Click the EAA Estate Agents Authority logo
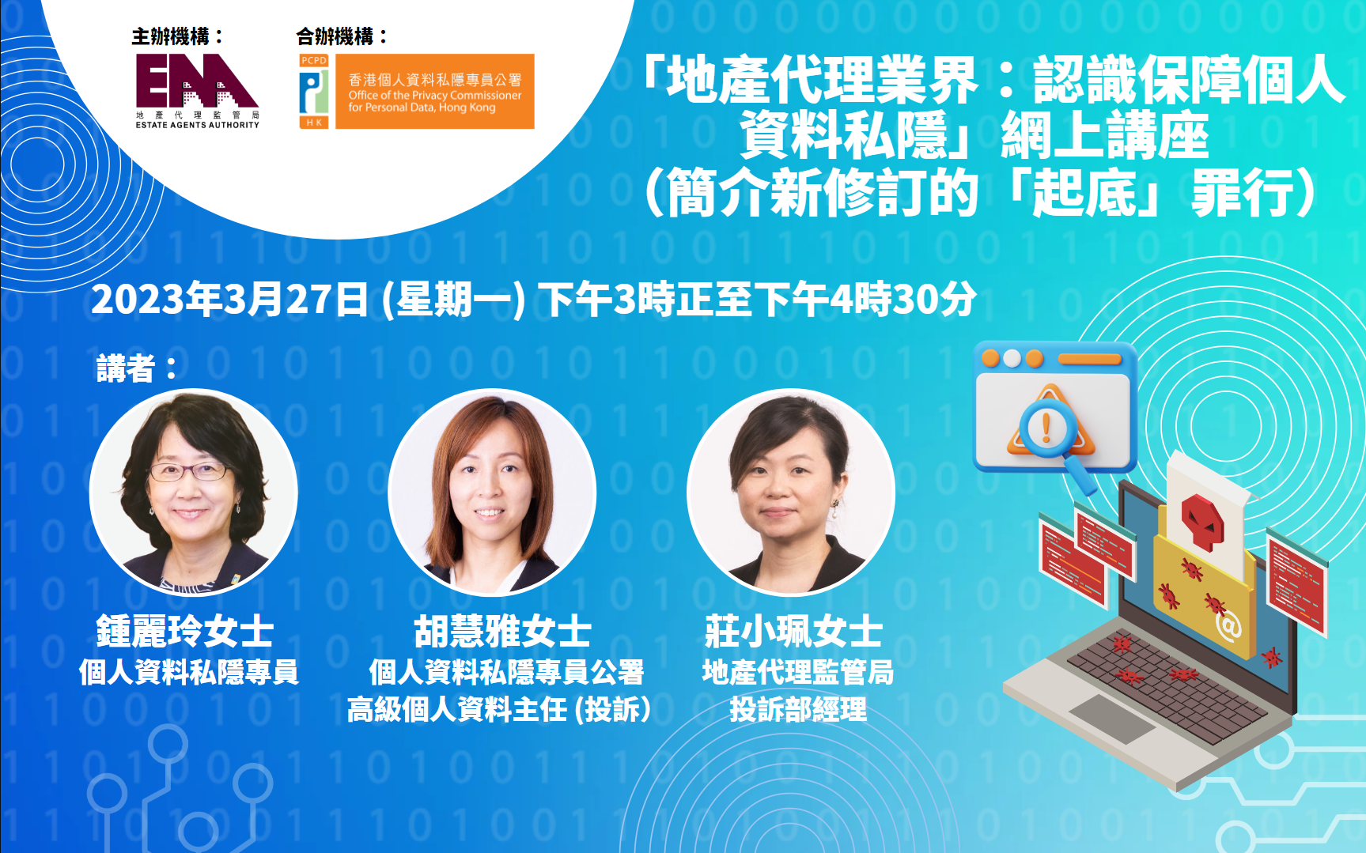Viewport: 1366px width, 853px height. click(x=197, y=91)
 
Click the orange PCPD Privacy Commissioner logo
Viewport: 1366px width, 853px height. click(x=416, y=91)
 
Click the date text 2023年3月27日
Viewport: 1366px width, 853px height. click(x=229, y=300)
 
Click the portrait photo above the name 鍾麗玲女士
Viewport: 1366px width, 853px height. click(x=194, y=492)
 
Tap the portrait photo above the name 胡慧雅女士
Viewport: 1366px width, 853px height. click(x=492, y=492)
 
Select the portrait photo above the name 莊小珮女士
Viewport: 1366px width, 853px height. click(x=791, y=492)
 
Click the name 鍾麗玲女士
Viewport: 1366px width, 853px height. click(x=185, y=632)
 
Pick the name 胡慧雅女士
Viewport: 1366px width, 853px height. click(x=503, y=632)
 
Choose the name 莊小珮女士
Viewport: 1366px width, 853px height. click(x=793, y=632)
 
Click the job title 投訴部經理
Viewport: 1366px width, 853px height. click(x=798, y=709)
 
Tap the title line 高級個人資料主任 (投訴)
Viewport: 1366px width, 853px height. click(x=499, y=709)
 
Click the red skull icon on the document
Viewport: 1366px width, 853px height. click(x=1202, y=522)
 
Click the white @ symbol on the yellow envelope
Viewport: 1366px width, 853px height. click(x=1228, y=627)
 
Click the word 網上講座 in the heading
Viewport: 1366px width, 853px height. click(x=1105, y=136)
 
